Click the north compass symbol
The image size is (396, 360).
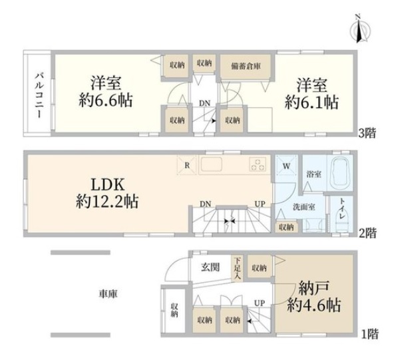click(360, 29)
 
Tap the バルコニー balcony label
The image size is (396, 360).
click(40, 95)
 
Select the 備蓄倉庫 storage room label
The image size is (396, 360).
click(246, 67)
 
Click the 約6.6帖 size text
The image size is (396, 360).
click(106, 101)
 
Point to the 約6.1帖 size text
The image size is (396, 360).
click(311, 102)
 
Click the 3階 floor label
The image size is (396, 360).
click(367, 133)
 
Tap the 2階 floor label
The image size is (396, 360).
click(367, 233)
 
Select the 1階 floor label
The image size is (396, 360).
click(370, 334)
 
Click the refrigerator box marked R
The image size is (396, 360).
click(186, 165)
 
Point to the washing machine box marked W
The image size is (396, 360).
click(286, 165)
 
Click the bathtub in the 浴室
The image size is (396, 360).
click(339, 174)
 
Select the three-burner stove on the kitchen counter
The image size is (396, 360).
click(258, 164)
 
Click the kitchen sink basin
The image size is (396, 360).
click(212, 164)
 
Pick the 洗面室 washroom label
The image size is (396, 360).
click(303, 208)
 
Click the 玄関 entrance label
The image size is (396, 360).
click(210, 267)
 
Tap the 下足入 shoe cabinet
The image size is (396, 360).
click(237, 268)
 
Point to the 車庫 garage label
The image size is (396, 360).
click(108, 294)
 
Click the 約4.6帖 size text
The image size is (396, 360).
click(314, 305)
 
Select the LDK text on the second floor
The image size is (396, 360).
click(108, 184)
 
